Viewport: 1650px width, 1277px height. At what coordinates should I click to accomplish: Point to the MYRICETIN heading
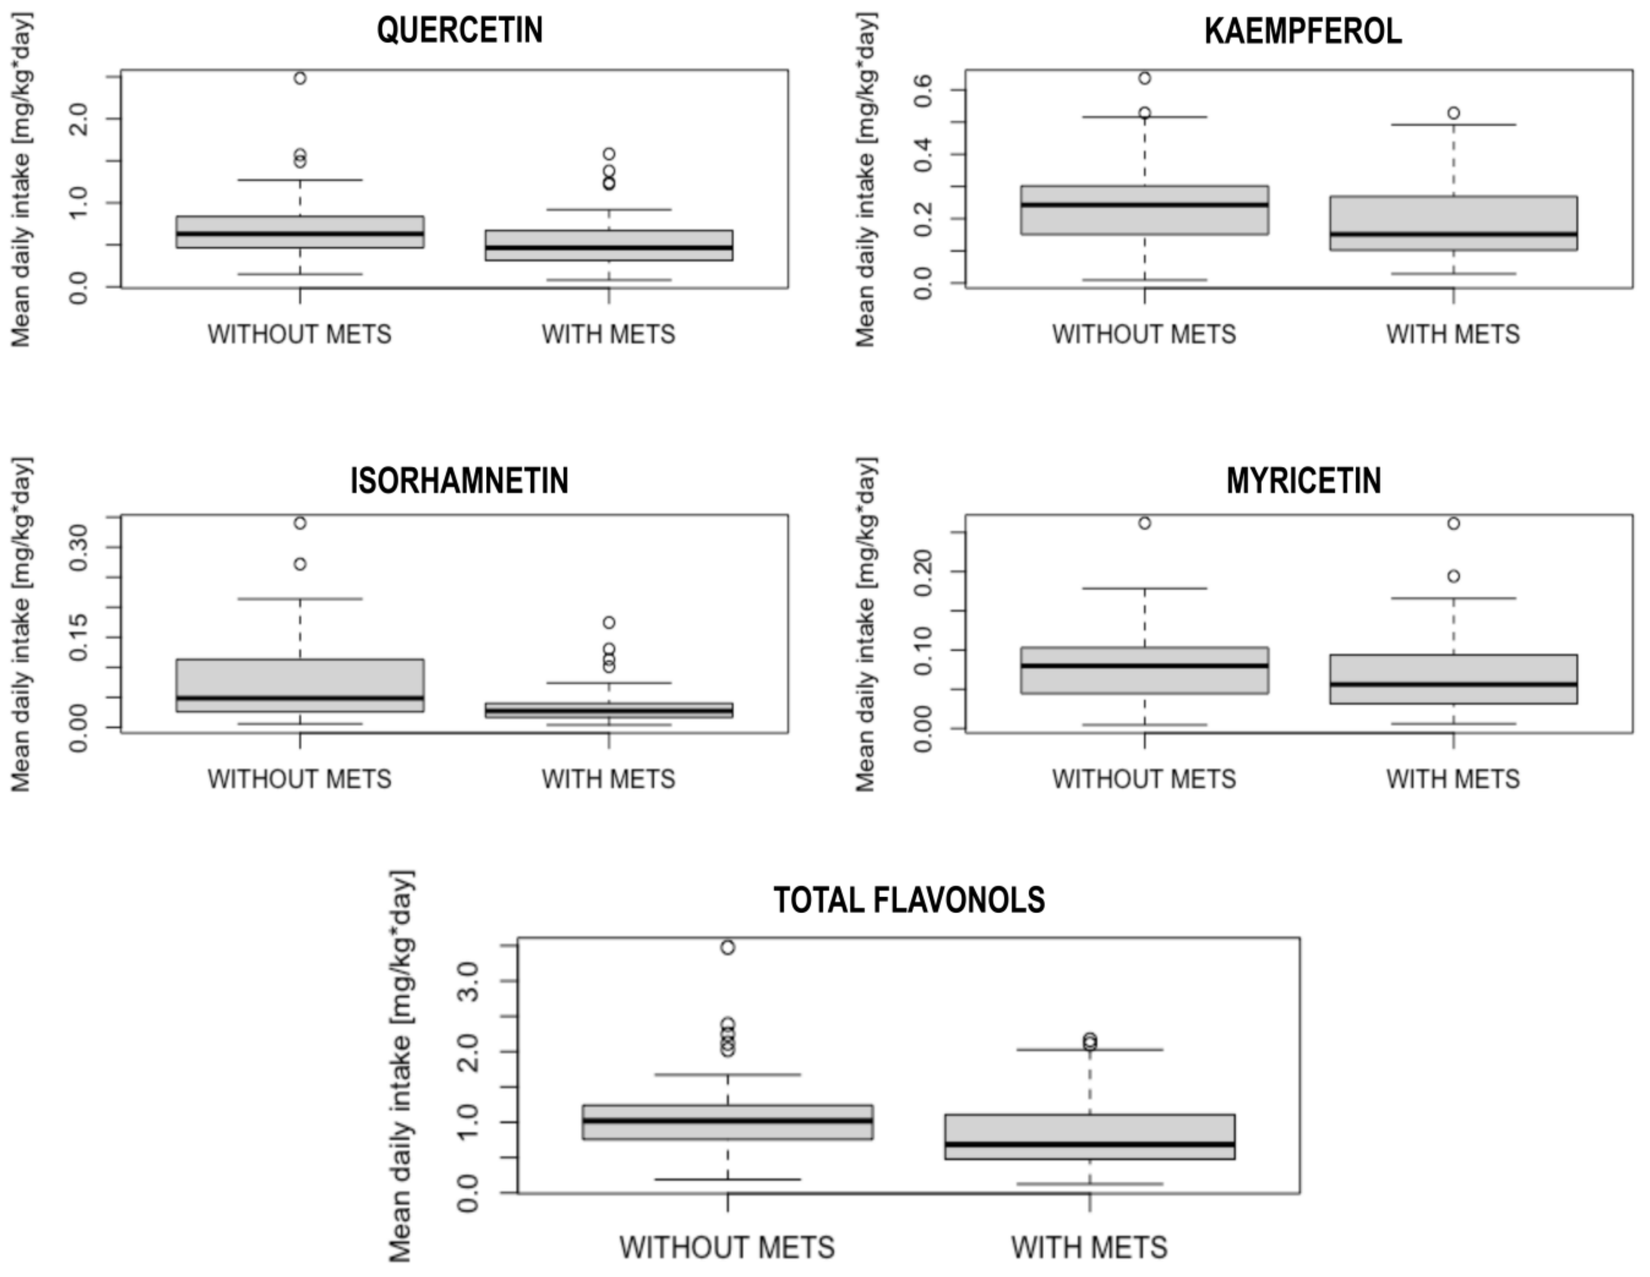[x=1303, y=481]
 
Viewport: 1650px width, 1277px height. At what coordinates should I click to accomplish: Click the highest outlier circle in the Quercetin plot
[x=300, y=78]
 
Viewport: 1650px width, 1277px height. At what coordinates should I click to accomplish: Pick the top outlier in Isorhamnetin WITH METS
[x=609, y=622]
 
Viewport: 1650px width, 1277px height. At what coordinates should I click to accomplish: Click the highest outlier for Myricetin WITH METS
[x=1454, y=523]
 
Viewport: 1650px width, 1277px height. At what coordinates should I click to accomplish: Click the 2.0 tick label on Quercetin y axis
[x=79, y=120]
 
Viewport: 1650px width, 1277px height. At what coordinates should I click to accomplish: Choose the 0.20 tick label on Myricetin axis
[x=923, y=572]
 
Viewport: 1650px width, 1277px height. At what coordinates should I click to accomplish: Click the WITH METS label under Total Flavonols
[x=1089, y=1248]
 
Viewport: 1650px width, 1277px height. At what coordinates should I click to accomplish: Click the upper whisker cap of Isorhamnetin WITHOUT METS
[x=300, y=599]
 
